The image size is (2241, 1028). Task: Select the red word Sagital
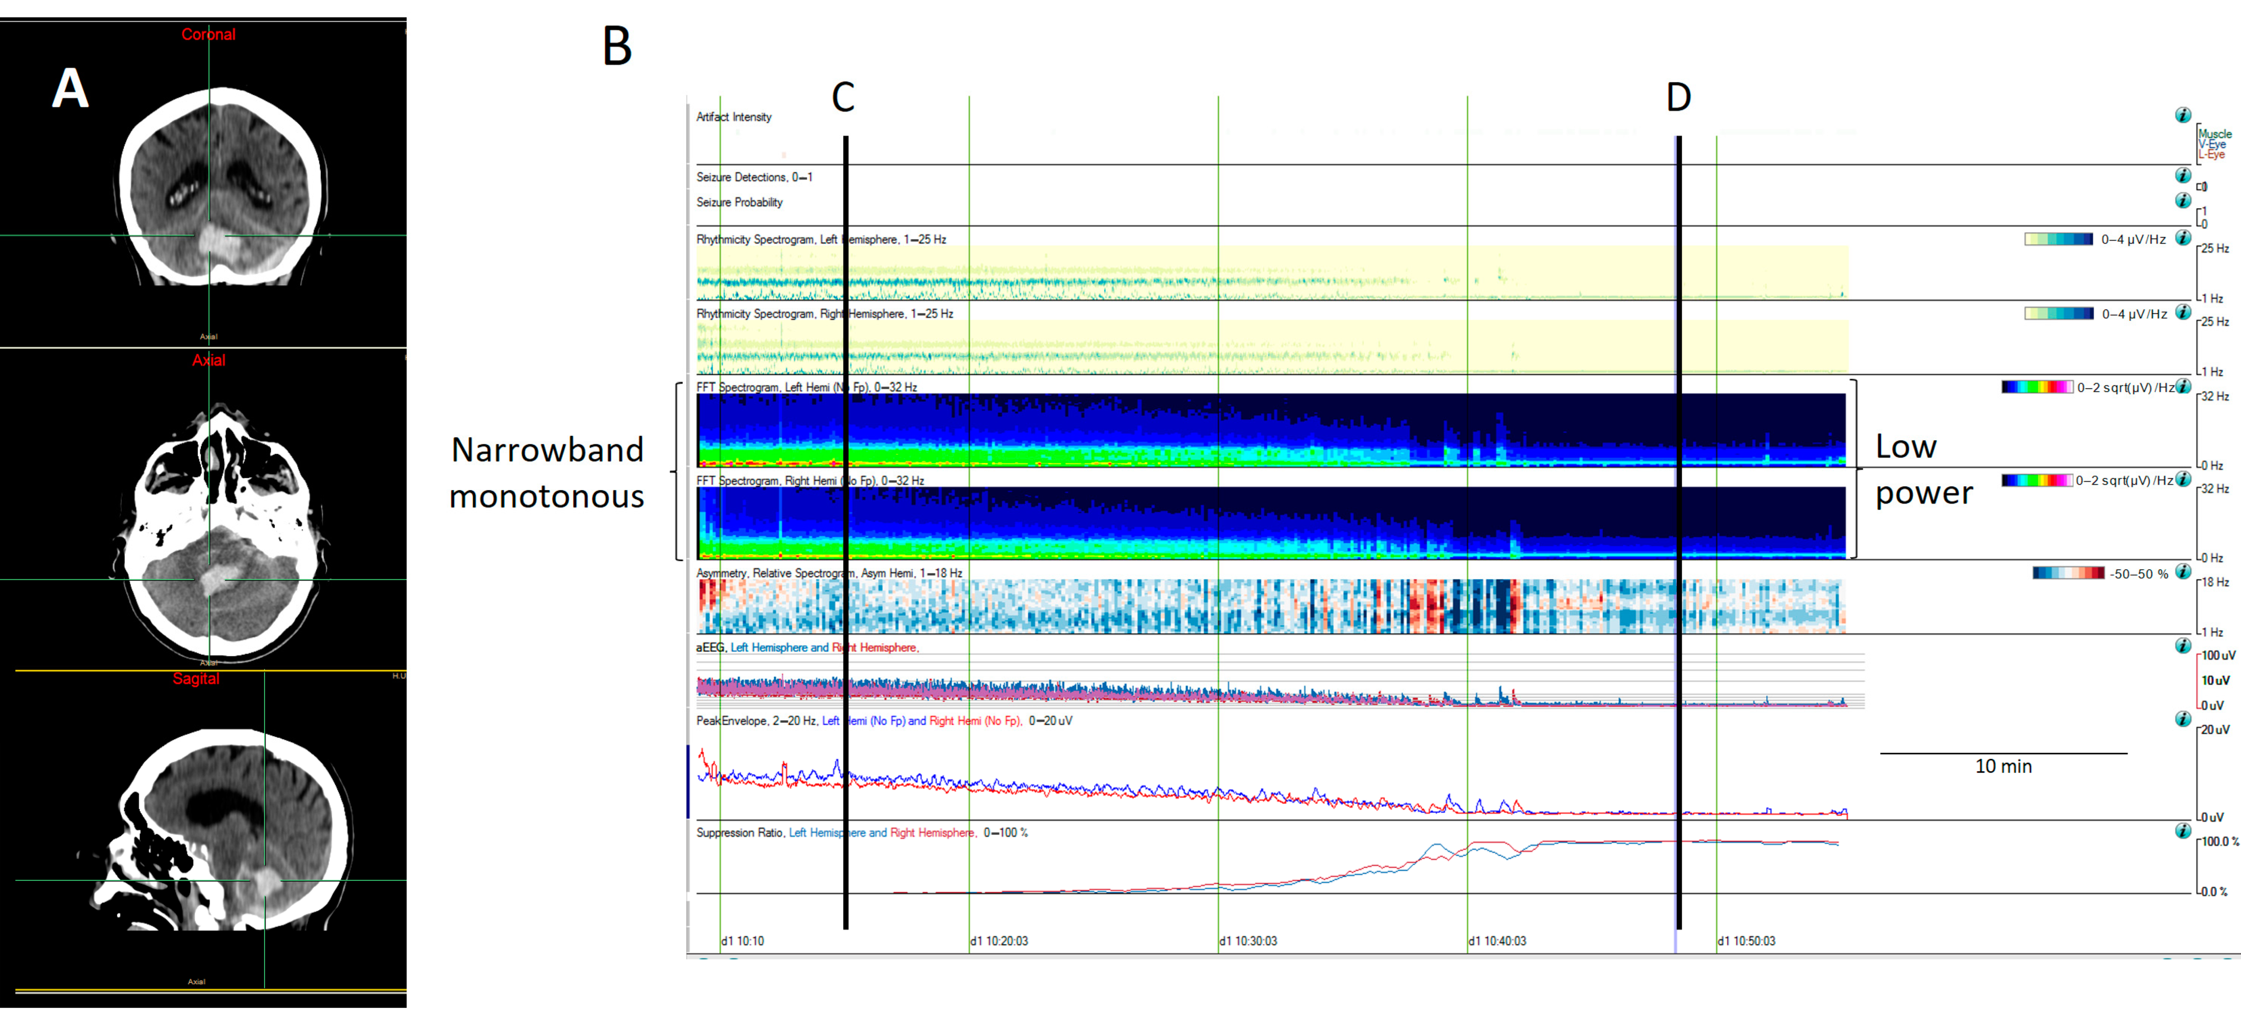(x=196, y=678)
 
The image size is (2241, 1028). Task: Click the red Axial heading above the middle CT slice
(x=209, y=359)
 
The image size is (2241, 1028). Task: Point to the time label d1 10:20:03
(x=1000, y=941)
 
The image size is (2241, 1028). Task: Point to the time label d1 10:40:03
(x=1497, y=941)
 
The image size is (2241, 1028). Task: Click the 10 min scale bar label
(x=2004, y=766)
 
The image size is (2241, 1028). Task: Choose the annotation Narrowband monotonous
(x=547, y=473)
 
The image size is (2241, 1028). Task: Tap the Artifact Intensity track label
(x=734, y=117)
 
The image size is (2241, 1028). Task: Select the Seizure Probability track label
(x=740, y=202)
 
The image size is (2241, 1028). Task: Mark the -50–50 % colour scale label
(x=2138, y=574)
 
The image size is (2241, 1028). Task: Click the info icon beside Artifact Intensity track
(x=2183, y=115)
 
